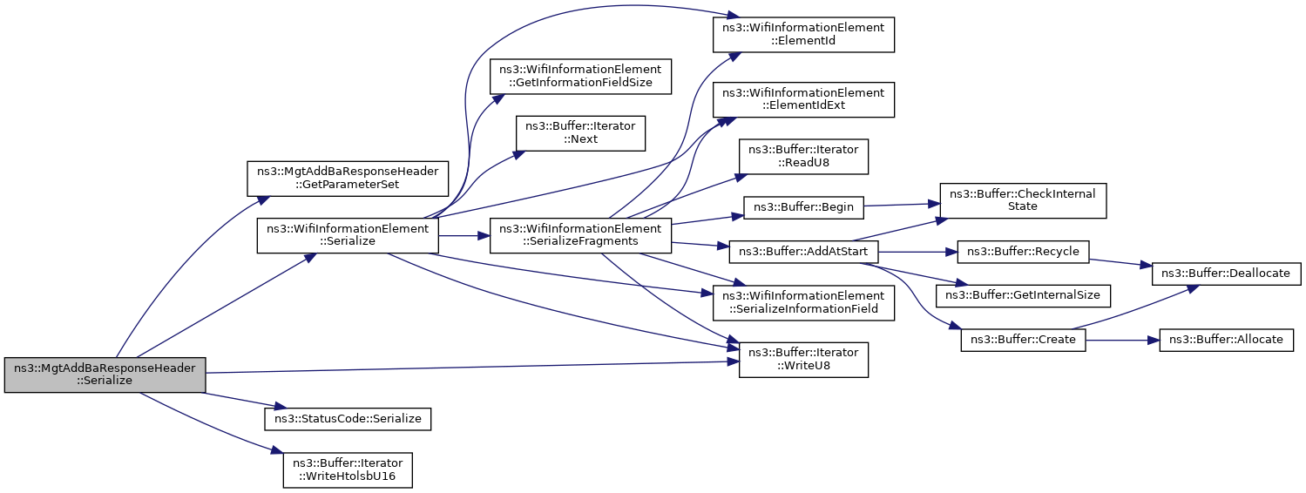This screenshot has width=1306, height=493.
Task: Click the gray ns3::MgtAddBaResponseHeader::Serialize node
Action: [105, 375]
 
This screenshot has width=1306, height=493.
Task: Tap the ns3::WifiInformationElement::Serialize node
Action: [347, 236]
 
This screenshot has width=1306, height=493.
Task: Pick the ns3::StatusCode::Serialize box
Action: [348, 419]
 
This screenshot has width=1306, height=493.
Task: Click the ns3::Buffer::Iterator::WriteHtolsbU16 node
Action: [348, 469]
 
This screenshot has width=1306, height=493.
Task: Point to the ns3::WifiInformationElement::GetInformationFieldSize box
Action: [579, 77]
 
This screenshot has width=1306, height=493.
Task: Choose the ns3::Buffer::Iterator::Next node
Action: [579, 133]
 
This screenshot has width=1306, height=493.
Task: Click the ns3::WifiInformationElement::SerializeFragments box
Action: [579, 236]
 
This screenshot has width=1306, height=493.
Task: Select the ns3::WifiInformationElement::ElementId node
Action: [803, 34]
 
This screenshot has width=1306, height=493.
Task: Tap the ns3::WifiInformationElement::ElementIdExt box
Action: [803, 99]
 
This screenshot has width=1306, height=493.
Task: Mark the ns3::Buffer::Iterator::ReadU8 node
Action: [803, 157]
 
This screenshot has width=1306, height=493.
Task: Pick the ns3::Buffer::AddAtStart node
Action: [803, 252]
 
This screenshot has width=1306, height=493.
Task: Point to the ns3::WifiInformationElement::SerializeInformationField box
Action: [803, 301]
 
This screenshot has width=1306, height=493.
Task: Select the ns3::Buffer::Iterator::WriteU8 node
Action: [803, 360]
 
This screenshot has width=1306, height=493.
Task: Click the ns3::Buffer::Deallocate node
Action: [1227, 273]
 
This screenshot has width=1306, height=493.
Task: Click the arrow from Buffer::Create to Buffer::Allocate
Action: [1122, 339]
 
